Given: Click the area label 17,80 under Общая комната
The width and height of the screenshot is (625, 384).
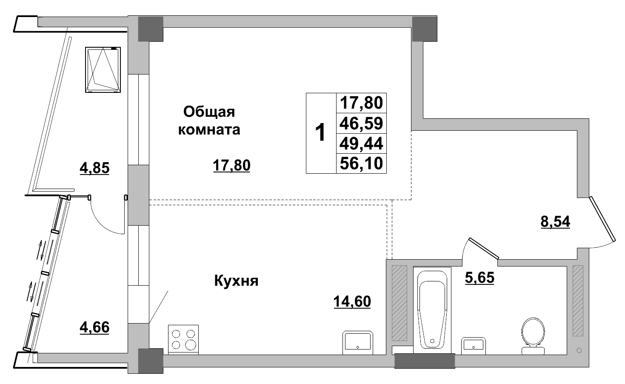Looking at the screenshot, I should coord(231,165).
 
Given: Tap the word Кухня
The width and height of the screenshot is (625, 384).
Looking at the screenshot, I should coord(236,281).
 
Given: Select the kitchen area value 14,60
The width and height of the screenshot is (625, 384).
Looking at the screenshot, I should coord(352,301).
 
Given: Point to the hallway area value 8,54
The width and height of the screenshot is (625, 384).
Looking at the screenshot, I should coord(555,222).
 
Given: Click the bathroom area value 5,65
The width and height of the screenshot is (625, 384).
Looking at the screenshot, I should coord(479,278).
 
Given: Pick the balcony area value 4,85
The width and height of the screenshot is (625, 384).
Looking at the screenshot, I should coord(94,168).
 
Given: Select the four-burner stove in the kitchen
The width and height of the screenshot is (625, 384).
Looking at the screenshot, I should coord(184,339).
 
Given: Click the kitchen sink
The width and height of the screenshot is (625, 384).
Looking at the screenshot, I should coord(358,343).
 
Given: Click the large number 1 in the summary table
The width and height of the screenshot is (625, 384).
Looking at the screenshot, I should coord(320,133).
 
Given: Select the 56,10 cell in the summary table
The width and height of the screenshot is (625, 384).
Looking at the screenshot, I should coord(361,163).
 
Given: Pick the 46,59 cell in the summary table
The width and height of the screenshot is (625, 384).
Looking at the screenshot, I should coord(361,123).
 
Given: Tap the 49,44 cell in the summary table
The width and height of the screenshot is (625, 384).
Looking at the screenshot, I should coord(361,143).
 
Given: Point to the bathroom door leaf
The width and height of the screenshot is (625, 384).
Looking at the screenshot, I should coord(483,248).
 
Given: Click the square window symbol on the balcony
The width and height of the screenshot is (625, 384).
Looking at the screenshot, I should coord(103,69).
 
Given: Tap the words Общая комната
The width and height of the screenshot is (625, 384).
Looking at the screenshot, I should coord(209,120).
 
